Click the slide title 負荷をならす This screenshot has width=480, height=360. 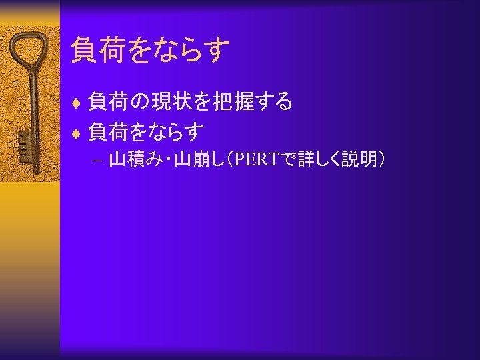[151, 50]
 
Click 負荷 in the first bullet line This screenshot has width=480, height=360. [107, 101]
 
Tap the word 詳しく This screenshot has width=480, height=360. [317, 160]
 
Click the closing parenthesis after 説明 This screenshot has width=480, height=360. [380, 160]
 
